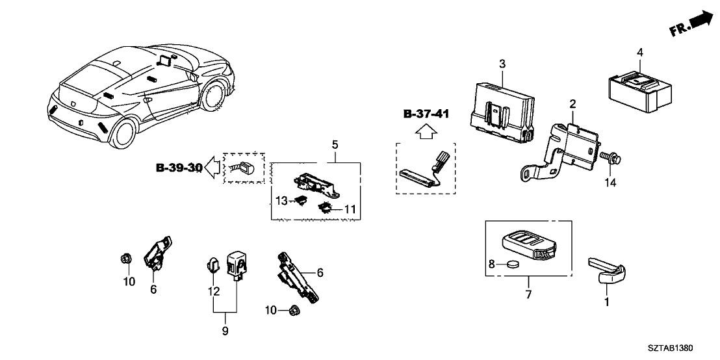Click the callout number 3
(x=502, y=63)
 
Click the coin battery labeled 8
(x=514, y=264)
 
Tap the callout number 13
(x=280, y=201)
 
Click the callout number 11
(x=350, y=209)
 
